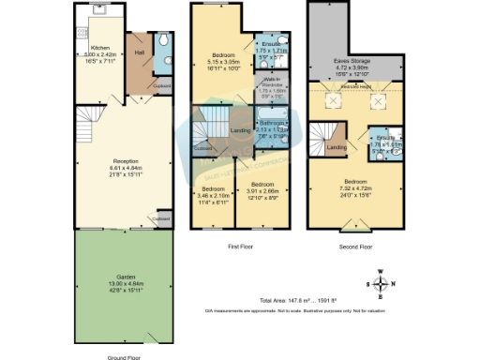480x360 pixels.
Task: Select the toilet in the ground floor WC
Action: pyautogui.click(x=163, y=42)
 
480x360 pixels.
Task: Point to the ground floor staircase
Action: pyautogui.click(x=90, y=117)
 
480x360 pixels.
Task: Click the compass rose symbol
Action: pyautogui.click(x=380, y=282)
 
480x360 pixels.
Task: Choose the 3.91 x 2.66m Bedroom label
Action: pyautogui.click(x=262, y=189)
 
